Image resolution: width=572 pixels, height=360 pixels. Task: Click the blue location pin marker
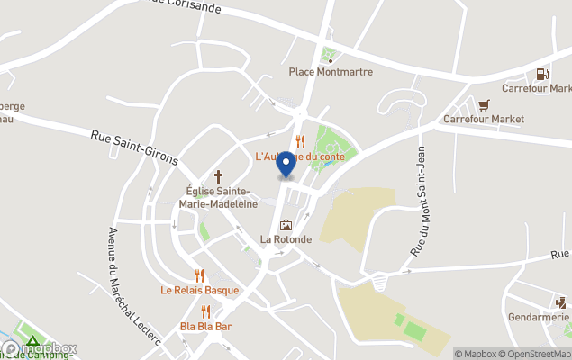coord(286,165)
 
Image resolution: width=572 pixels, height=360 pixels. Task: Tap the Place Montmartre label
coord(330,72)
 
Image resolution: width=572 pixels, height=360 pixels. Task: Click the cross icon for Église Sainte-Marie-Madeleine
coord(217,177)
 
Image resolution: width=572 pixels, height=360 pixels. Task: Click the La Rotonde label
coord(286,239)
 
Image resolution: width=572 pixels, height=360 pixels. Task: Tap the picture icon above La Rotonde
coord(286,225)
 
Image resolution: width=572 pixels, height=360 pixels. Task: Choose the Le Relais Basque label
coord(200,290)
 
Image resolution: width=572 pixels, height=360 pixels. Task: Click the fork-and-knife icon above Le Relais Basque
coord(200,275)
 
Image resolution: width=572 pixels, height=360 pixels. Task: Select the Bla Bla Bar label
coord(205,326)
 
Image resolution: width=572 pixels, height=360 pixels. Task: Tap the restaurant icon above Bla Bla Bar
coord(205,311)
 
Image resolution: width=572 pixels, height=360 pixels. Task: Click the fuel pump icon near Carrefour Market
coord(542,75)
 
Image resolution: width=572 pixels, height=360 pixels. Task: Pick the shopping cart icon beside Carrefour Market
coord(485,104)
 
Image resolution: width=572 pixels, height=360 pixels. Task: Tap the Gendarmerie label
coord(538,317)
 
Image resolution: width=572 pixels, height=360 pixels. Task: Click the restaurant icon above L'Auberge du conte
coord(300,141)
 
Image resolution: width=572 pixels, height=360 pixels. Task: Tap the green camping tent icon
coord(32,342)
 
